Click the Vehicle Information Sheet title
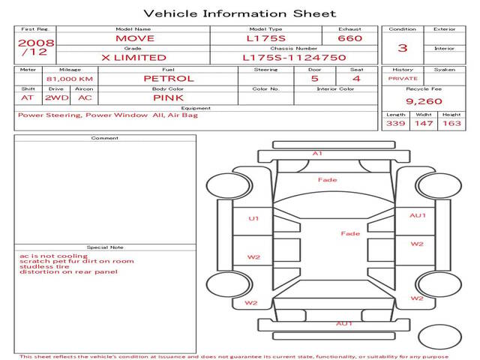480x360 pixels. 239,13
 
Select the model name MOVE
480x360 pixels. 134,38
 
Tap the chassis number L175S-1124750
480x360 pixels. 294,57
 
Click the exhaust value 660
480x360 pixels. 349,38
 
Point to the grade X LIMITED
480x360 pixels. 134,57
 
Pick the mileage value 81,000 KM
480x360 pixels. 70,79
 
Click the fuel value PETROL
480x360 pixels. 168,78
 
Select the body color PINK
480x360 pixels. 168,97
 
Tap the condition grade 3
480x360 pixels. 403,48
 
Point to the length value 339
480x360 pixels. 395,123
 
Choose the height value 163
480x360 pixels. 451,123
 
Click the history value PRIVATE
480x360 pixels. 403,78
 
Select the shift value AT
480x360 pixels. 28,97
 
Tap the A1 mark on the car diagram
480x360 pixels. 317,153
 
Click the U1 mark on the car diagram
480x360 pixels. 253,218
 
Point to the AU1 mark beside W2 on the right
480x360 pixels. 417,215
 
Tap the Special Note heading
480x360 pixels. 105,247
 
